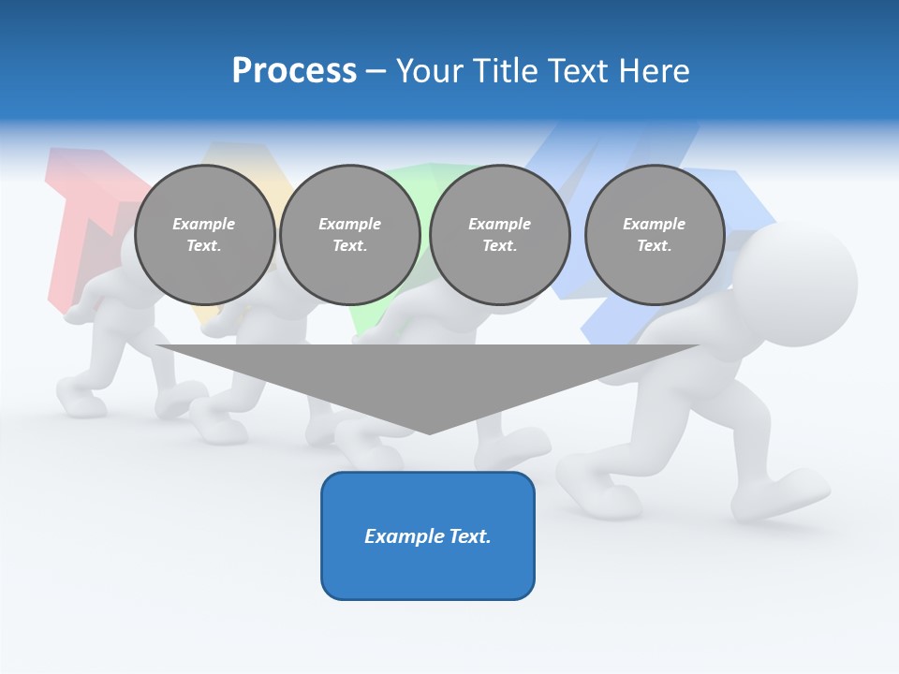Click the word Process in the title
294,71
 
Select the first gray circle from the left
204,235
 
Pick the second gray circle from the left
350,235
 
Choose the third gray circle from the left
500,235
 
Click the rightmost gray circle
655,235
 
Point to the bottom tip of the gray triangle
429,432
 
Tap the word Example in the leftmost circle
204,224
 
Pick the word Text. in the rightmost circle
655,246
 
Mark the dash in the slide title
376,71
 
